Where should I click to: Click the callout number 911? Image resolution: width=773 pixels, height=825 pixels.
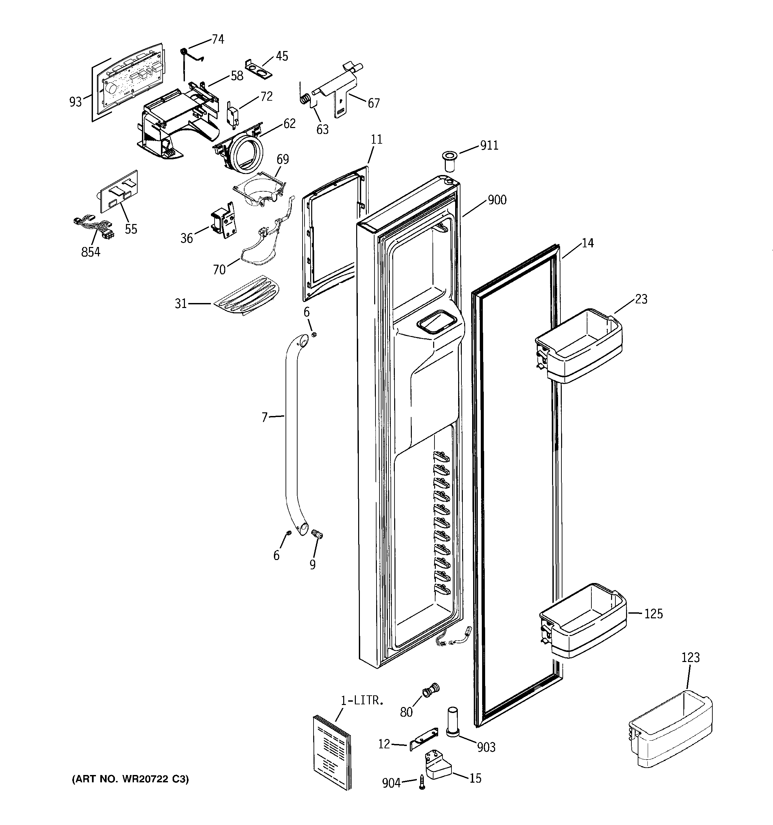click(x=489, y=146)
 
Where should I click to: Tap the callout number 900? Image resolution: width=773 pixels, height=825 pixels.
click(x=497, y=200)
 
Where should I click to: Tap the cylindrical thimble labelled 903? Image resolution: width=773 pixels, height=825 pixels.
click(x=453, y=722)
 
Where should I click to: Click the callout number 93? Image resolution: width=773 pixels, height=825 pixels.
click(x=76, y=102)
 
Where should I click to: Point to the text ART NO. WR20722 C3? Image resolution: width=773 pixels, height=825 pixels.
click(x=130, y=779)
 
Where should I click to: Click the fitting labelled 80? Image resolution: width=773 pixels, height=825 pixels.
click(x=429, y=691)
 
